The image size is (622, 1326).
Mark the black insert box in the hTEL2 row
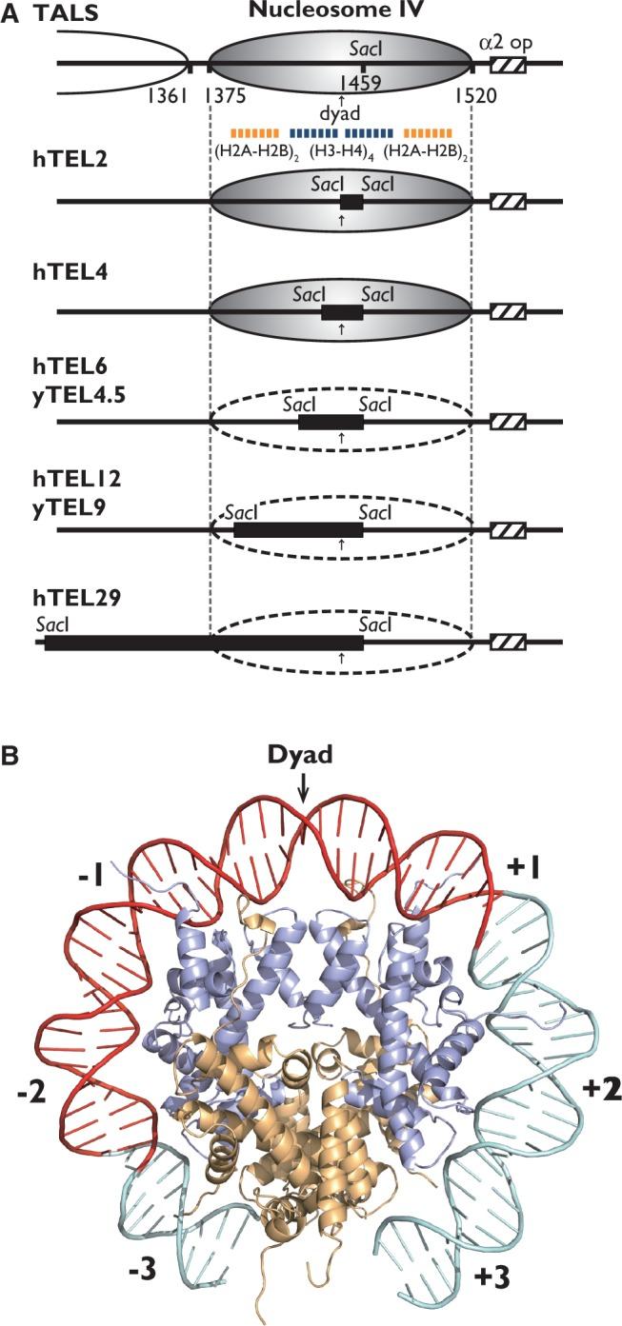(351, 202)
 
